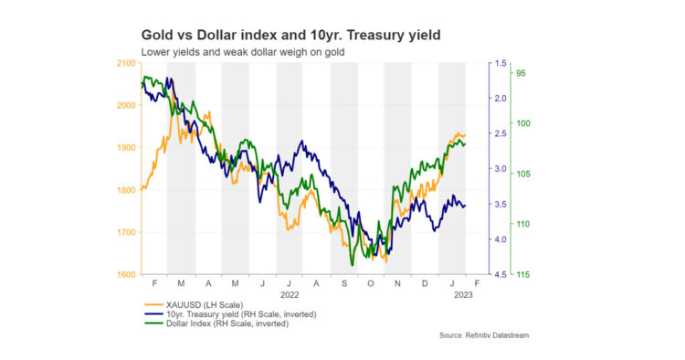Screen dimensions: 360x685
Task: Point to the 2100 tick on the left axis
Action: (126, 63)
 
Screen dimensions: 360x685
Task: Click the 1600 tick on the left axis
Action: (126, 274)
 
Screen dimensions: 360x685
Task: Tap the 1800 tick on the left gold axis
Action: (126, 190)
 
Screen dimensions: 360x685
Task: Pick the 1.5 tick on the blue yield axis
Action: (501, 63)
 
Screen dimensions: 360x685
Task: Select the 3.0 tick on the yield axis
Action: (501, 169)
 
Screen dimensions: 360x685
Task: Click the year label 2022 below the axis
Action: (290, 295)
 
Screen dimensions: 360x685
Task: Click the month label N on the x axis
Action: (398, 284)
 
